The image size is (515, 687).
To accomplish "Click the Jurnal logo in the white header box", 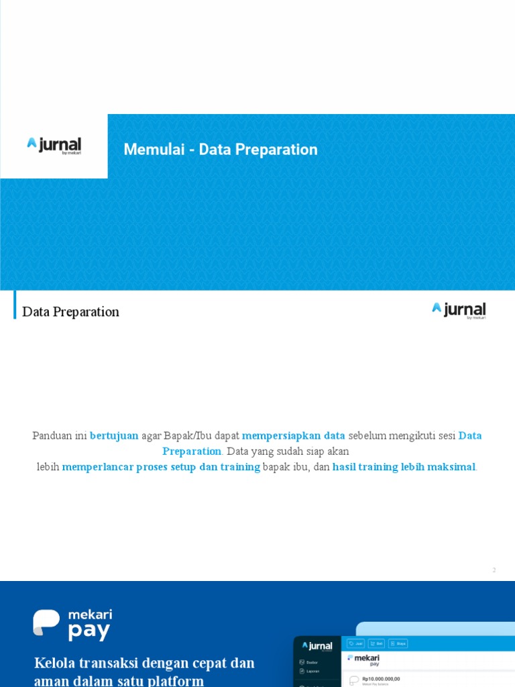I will pyautogui.click(x=54, y=146).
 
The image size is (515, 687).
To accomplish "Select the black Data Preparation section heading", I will pyautogui.click(x=70, y=312).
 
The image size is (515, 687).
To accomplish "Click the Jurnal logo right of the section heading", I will pyautogui.click(x=459, y=310).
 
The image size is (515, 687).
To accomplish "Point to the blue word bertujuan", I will pyautogui.click(x=114, y=435).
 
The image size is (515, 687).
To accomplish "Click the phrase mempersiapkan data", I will pyautogui.click(x=294, y=435).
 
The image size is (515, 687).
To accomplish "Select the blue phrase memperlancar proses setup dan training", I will pyautogui.click(x=161, y=467).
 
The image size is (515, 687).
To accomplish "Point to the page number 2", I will pyautogui.click(x=494, y=570).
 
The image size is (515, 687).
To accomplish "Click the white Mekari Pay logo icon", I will pyautogui.click(x=46, y=622).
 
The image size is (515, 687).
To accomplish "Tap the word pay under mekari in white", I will pyautogui.click(x=89, y=631).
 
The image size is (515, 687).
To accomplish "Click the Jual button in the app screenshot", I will pyautogui.click(x=355, y=643).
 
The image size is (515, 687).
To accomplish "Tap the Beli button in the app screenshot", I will pyautogui.click(x=376, y=643).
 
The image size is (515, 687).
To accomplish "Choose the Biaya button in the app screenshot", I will pyautogui.click(x=398, y=643).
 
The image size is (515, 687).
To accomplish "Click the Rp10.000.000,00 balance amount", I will pyautogui.click(x=381, y=679).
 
